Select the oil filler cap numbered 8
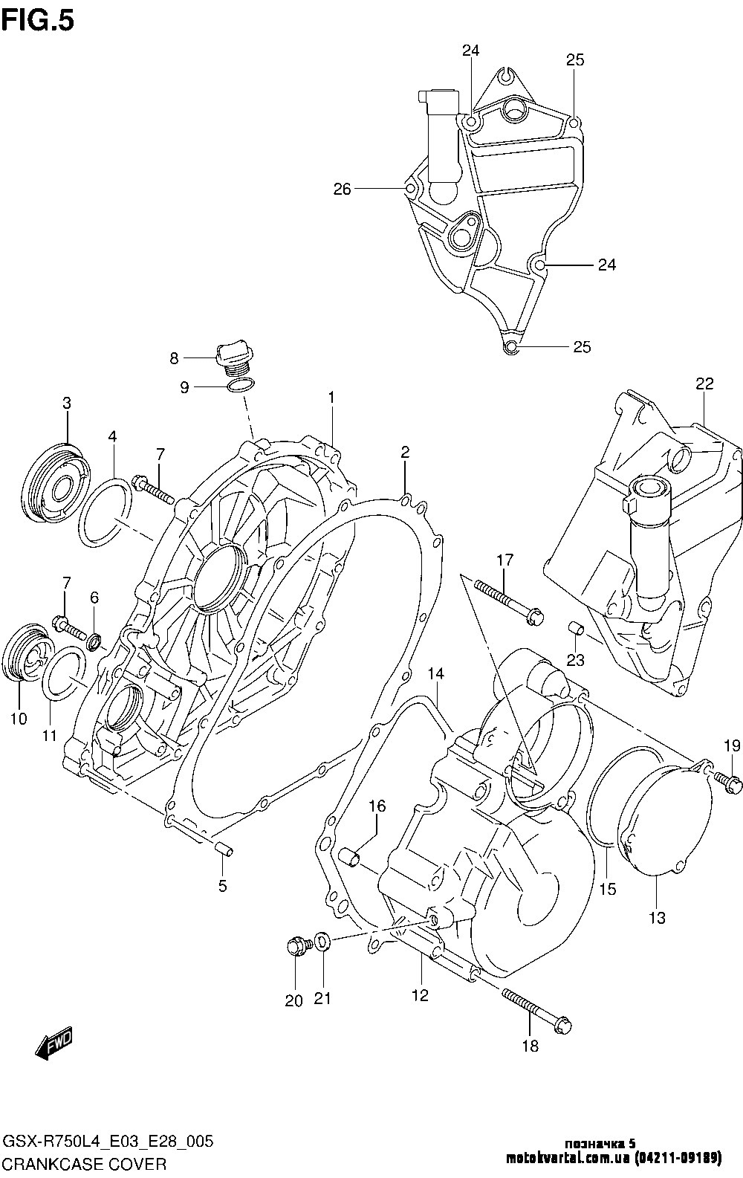tap(233, 357)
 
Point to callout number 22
tap(704, 384)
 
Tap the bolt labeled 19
tap(729, 780)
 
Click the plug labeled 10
tap(27, 656)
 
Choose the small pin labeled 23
tap(577, 630)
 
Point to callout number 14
tap(435, 673)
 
